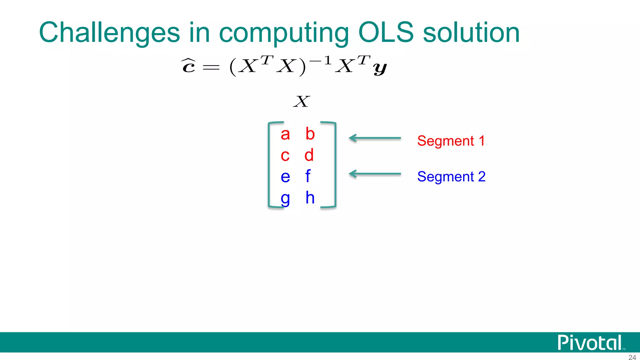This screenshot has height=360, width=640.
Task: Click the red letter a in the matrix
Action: tap(285, 135)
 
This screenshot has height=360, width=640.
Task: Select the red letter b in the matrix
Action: tap(310, 134)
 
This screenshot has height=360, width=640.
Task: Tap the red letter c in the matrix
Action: tap(285, 156)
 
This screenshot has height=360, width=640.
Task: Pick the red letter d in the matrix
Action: tap(309, 155)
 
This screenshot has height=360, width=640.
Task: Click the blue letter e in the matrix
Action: tap(285, 177)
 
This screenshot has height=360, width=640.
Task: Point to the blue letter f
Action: tap(308, 176)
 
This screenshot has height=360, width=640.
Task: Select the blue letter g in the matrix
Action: tap(285, 199)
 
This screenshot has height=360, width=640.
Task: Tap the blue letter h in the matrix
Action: tap(310, 197)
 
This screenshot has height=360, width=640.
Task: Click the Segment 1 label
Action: tap(451, 141)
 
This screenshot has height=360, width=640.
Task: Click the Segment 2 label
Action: tap(451, 177)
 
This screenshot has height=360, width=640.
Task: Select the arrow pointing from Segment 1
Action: tap(375, 138)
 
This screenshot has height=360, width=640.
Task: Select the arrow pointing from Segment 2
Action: tap(375, 174)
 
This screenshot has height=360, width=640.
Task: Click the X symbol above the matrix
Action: tap(302, 102)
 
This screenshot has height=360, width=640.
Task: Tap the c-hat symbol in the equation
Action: tap(189, 66)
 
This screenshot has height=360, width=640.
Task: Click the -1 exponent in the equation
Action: tap(320, 60)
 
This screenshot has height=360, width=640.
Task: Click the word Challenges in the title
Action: tap(109, 33)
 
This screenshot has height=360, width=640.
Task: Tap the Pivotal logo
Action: tap(590, 343)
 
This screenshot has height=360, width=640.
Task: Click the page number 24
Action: tap(632, 357)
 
